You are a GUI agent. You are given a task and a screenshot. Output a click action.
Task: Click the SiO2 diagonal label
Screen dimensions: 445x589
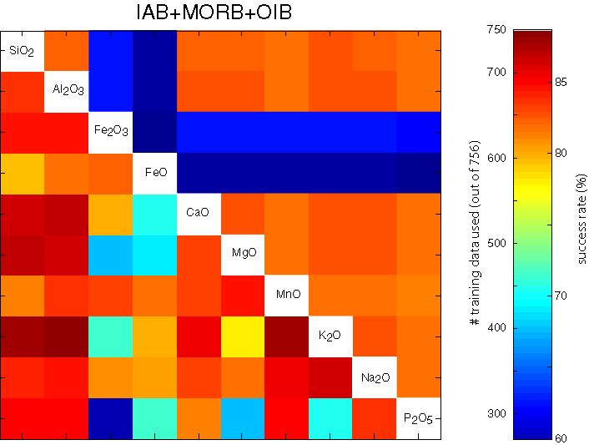(22, 52)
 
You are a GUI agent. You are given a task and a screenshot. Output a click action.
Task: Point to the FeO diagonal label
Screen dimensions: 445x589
(154, 174)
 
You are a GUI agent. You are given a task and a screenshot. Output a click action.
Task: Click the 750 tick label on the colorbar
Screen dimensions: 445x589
(496, 30)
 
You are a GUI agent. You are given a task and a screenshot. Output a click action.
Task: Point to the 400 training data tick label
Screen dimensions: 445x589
(496, 328)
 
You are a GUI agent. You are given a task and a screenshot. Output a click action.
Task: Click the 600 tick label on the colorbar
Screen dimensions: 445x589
(496, 158)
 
